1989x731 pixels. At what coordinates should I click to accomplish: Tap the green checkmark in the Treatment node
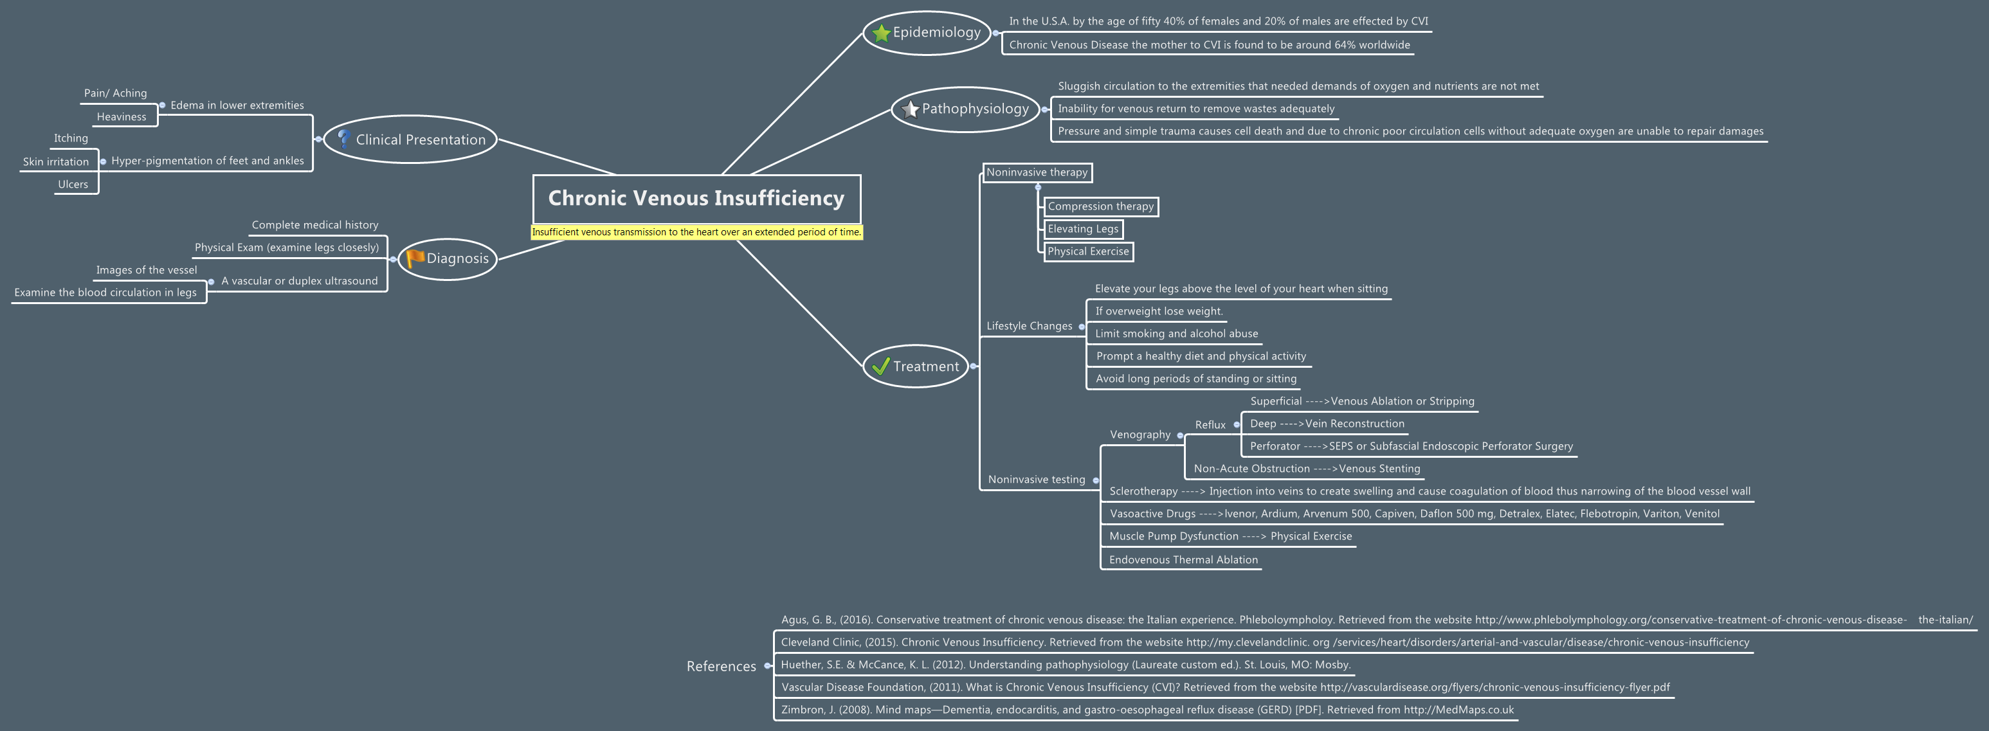point(880,366)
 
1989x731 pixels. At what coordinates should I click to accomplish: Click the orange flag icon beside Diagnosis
point(415,258)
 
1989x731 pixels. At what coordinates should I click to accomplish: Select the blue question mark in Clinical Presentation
point(343,139)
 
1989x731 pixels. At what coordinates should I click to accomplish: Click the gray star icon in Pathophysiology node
point(911,109)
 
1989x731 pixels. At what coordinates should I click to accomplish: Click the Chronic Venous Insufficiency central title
point(696,199)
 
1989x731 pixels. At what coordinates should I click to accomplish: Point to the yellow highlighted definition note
point(696,231)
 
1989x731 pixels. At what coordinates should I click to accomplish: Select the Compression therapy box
point(1100,206)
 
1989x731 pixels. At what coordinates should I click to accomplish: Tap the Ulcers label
point(73,184)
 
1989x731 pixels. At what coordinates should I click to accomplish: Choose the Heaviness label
point(122,116)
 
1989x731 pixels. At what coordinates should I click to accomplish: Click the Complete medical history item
point(315,224)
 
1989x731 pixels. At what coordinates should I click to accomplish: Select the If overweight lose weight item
point(1158,311)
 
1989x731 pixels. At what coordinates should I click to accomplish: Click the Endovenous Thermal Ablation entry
point(1183,559)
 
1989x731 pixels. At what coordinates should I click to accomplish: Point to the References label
point(721,666)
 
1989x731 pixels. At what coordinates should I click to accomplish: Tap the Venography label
point(1140,435)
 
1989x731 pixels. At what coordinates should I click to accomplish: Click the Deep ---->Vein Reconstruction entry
point(1327,423)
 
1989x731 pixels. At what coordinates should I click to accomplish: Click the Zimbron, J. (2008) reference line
point(1147,709)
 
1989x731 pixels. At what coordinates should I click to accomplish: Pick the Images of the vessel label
point(147,270)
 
